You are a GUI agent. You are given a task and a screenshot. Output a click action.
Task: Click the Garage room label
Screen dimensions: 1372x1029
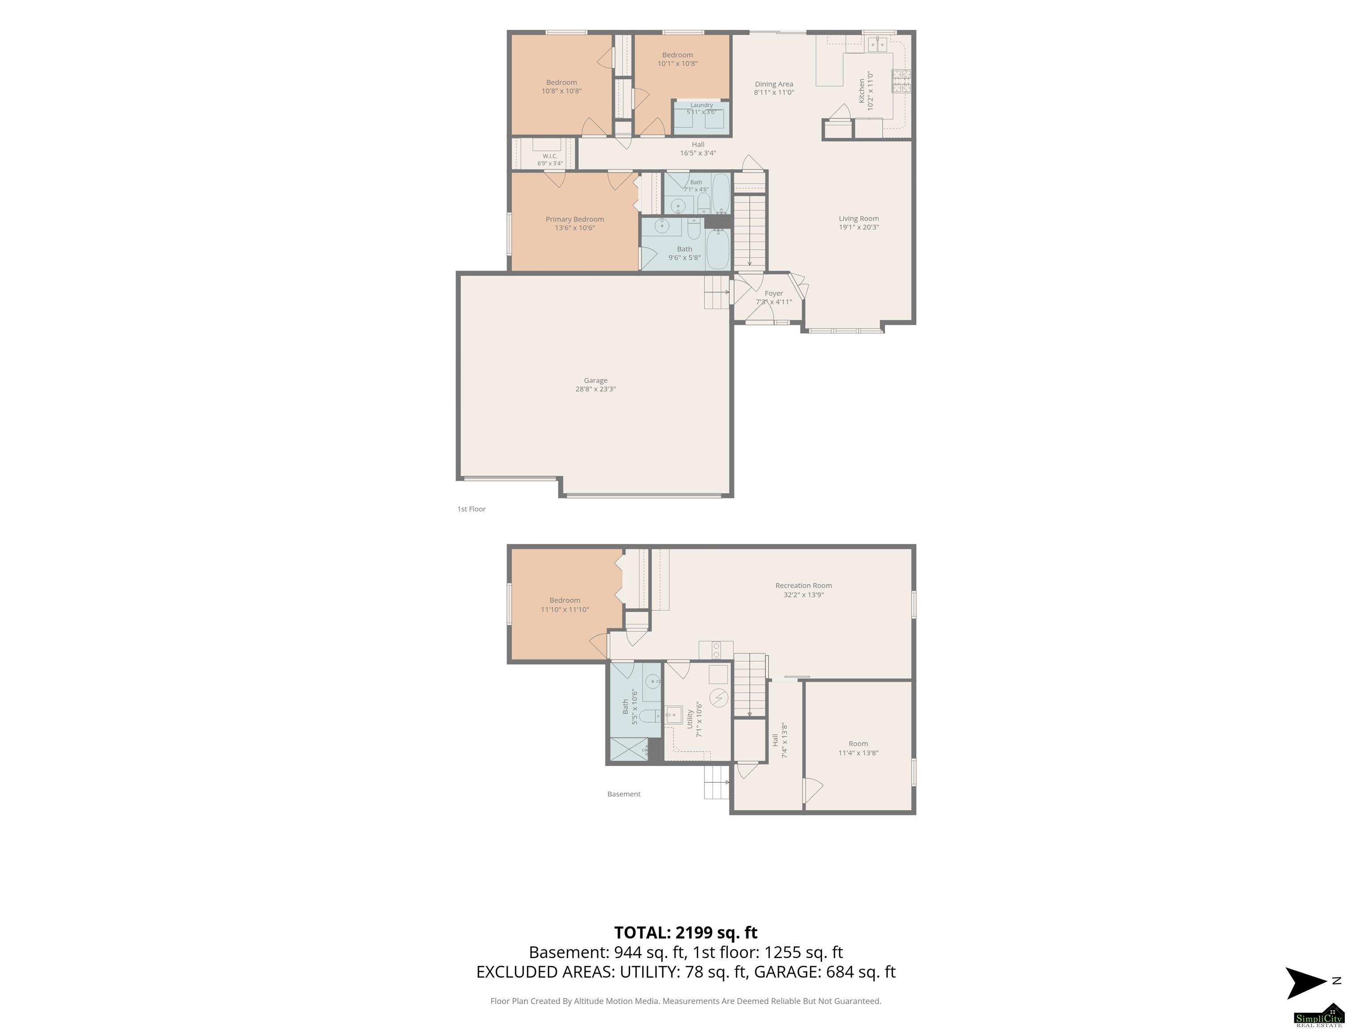595,380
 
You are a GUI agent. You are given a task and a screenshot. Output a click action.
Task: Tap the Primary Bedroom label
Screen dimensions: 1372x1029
574,219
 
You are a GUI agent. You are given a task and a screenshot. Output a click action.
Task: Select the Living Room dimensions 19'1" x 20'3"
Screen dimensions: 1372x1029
858,227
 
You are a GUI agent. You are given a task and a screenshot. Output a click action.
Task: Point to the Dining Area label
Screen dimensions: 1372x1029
774,84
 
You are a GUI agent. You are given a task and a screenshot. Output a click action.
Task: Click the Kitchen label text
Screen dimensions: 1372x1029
862,91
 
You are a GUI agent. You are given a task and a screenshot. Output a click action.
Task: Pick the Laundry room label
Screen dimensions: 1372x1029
702,105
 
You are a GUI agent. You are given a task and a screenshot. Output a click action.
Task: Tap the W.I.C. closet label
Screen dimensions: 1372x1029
549,156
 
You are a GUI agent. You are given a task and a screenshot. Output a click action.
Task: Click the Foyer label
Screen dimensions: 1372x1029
774,293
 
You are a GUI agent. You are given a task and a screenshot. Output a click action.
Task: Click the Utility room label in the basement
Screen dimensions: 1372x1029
690,719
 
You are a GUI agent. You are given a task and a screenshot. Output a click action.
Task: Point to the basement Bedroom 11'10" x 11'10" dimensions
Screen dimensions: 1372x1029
565,610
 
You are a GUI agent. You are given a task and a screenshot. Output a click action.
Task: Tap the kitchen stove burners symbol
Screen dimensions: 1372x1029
901,81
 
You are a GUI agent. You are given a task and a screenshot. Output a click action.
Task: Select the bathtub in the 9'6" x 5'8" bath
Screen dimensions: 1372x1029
718,249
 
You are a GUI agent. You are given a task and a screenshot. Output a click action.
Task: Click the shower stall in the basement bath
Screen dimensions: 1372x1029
629,749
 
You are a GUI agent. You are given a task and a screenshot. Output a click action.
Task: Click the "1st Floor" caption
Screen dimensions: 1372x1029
471,509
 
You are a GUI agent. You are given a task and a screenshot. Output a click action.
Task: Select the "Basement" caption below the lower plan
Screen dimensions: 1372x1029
624,794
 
